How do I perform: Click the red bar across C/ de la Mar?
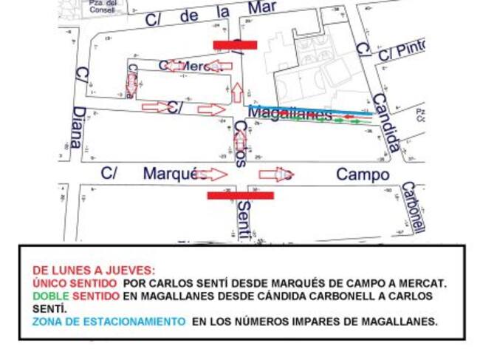235,45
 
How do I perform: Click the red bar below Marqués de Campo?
240,196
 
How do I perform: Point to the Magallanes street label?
290,114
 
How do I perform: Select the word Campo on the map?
362,174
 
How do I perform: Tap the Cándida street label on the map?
385,123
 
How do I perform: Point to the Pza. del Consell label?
103,7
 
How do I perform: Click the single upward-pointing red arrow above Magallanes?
237,92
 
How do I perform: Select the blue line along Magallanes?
310,109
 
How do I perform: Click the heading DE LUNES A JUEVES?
94,271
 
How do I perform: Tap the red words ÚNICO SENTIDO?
75,283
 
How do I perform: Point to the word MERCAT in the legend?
425,283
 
